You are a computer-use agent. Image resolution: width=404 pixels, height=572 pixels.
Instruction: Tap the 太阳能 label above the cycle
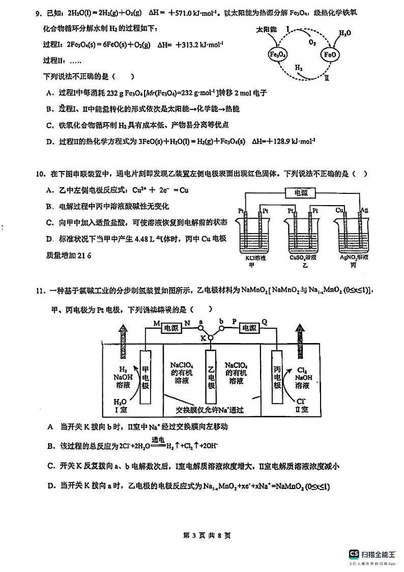(267, 31)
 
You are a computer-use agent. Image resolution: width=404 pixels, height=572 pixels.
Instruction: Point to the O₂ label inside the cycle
(312, 43)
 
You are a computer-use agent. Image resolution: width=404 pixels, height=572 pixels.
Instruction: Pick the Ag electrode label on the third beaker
(364, 210)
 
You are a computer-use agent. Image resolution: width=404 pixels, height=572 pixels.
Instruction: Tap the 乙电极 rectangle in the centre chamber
(211, 377)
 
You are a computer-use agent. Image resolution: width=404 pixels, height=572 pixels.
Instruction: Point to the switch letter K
(203, 338)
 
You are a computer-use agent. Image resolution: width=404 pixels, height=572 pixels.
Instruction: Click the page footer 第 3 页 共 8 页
(203, 535)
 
